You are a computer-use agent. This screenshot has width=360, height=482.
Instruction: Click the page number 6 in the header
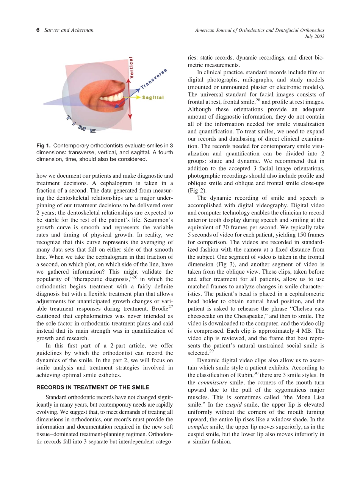tap(38, 30)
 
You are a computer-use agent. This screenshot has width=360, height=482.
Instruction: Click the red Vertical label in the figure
tap(131, 68)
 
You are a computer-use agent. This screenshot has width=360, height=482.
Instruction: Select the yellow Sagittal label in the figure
tap(153, 97)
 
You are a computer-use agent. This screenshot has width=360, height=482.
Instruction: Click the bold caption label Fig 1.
tap(44, 146)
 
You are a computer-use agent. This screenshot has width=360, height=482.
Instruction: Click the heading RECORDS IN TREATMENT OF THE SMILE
tap(92, 387)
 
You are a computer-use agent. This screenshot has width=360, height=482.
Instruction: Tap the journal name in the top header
tap(260, 30)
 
